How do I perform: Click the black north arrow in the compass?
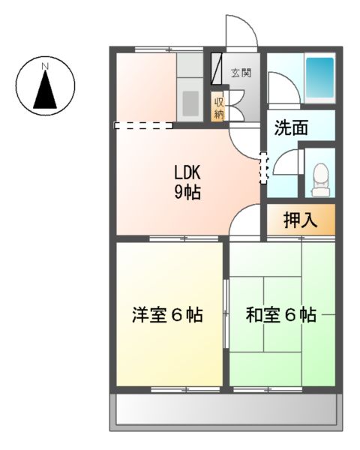(x=44, y=90)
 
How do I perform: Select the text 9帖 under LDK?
(x=187, y=193)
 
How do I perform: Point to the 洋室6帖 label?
(x=167, y=315)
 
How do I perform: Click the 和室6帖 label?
(x=280, y=315)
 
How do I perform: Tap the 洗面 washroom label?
(x=290, y=127)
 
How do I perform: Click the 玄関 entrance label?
(x=241, y=73)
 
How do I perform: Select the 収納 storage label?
(x=219, y=109)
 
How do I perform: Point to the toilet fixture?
(x=320, y=178)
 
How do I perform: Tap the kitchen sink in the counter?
(x=189, y=101)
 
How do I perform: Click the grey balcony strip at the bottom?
(x=225, y=411)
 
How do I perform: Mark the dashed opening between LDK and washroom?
(x=262, y=167)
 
